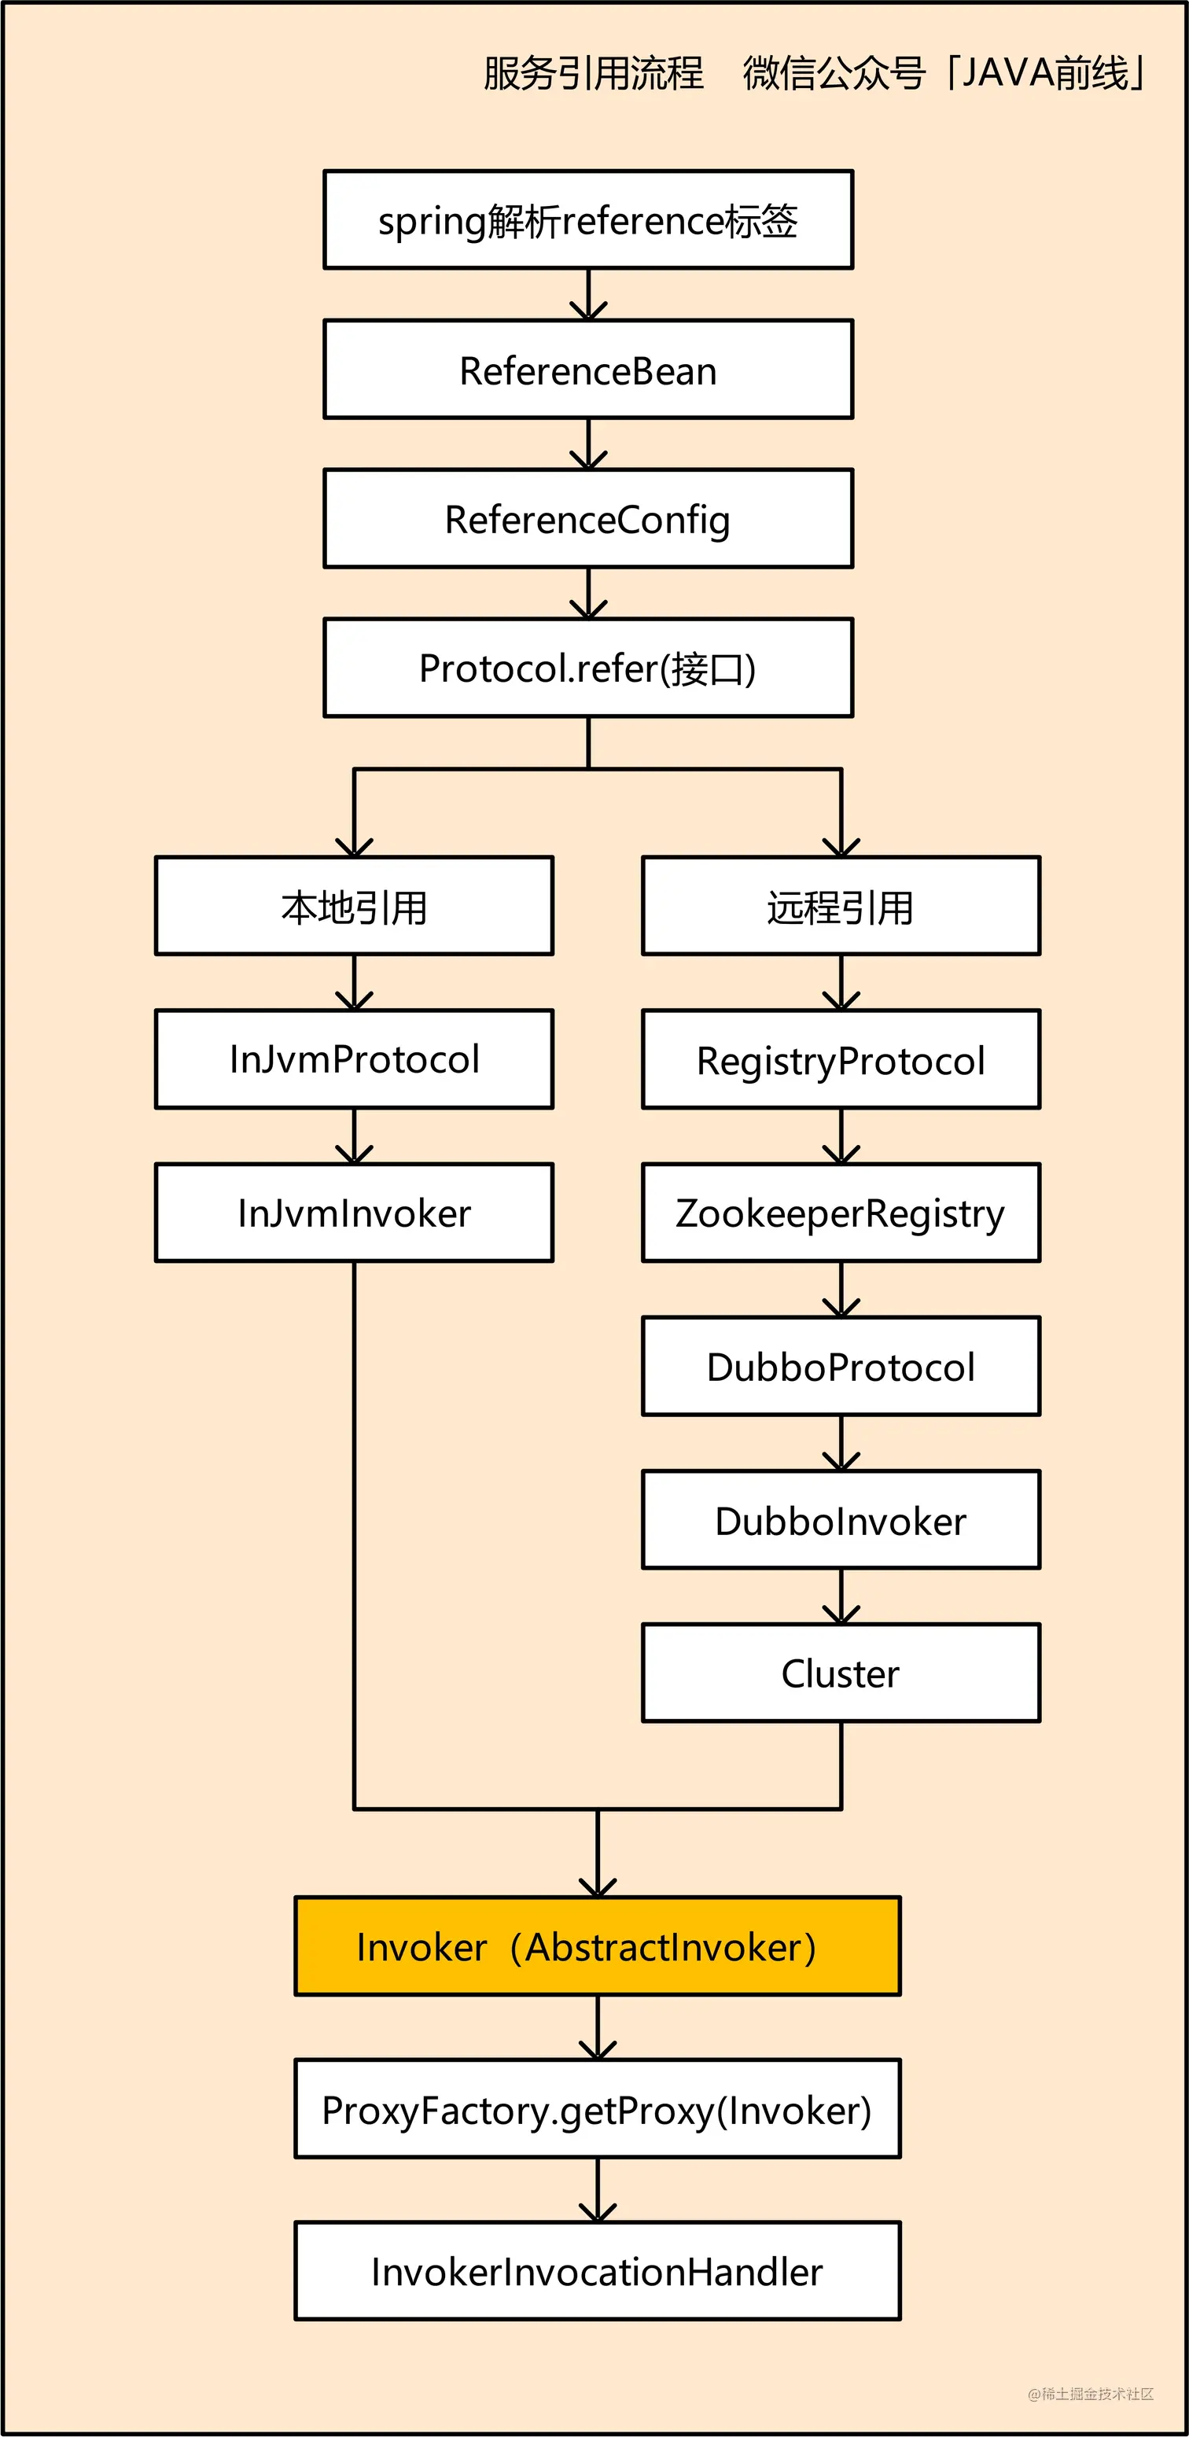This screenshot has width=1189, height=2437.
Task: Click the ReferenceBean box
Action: [587, 370]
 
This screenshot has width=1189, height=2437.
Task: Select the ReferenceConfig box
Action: [587, 518]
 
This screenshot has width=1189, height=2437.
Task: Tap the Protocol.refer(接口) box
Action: [587, 668]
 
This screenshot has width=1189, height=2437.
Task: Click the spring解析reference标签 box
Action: [587, 220]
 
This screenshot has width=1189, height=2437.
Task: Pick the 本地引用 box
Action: [354, 907]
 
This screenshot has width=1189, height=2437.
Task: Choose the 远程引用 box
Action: [840, 907]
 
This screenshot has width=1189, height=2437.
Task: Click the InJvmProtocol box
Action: [354, 1058]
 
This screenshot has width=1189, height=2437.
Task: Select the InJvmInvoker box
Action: [354, 1212]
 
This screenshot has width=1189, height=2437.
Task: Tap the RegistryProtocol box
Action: [840, 1058]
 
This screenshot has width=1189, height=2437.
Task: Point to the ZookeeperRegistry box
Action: [840, 1212]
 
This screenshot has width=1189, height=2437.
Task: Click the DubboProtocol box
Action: [840, 1366]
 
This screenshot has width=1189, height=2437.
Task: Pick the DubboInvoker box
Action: [840, 1519]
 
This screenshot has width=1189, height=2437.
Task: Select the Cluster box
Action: [840, 1673]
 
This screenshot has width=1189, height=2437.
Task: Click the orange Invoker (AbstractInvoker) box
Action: [597, 1946]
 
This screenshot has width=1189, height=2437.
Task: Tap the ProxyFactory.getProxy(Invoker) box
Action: [597, 2109]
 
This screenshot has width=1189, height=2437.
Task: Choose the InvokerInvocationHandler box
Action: [597, 2270]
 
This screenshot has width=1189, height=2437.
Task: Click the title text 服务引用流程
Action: [593, 73]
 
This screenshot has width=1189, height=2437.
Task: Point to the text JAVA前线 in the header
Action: [1045, 73]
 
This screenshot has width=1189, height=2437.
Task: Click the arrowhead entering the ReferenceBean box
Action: [588, 311]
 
